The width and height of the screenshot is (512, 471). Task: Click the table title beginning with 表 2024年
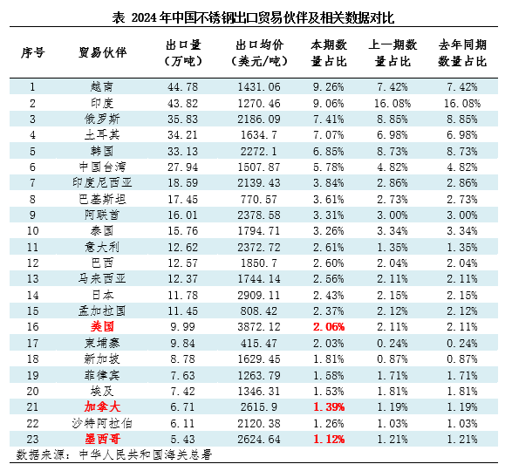pos(253,17)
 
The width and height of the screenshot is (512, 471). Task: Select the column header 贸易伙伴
pos(103,52)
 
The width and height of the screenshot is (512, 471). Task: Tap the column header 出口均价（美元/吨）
pos(259,53)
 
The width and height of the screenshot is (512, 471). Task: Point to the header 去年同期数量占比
pos(462,53)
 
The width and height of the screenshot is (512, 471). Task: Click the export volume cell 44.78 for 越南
pos(183,87)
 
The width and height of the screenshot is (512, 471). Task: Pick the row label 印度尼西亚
pos(102,182)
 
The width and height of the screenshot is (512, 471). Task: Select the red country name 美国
pos(102,326)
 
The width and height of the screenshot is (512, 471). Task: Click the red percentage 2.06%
pos(329,327)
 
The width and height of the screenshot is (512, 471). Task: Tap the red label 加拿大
pos(102,407)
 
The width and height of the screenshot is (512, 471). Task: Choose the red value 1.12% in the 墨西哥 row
pos(329,440)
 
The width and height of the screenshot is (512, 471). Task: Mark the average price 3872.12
pos(259,327)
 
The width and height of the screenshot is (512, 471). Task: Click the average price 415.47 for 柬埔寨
pos(259,344)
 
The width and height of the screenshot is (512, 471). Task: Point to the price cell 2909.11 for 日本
pos(259,296)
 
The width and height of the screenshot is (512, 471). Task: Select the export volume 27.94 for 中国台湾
pos(183,167)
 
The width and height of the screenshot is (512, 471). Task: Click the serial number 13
pos(32,279)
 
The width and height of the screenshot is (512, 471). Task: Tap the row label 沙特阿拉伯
pos(102,423)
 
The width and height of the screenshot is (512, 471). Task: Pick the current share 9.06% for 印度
pos(329,104)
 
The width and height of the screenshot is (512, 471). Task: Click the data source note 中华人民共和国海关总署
pos(146,454)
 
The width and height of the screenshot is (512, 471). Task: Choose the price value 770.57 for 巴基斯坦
pos(259,199)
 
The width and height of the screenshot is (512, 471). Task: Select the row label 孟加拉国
pos(102,311)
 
